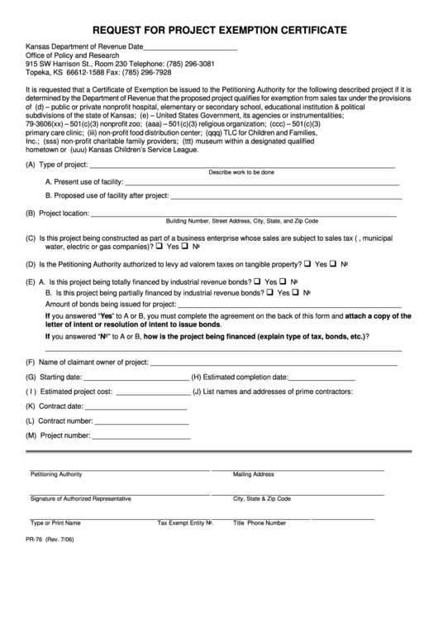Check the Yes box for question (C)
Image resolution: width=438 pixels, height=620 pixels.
pos(163,246)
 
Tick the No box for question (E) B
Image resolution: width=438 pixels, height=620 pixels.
pos(296,292)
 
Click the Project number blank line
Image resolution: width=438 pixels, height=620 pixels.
pos(141,435)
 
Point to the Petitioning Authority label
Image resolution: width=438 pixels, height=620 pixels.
pos(56,474)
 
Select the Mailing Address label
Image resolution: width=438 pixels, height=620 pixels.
pos(253,474)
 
